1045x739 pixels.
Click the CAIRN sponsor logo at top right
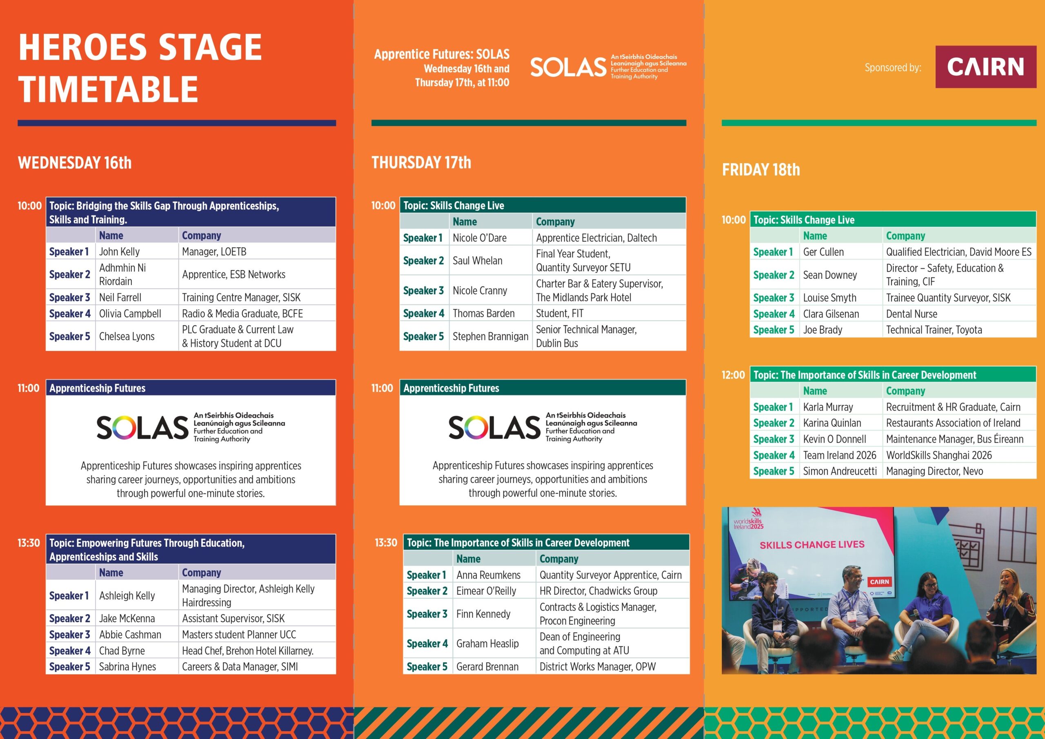point(985,67)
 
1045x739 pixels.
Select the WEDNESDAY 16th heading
point(75,162)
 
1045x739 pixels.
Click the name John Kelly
point(119,252)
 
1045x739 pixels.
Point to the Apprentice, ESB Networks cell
point(233,274)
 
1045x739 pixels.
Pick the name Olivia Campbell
point(130,313)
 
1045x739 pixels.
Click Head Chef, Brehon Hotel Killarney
point(248,651)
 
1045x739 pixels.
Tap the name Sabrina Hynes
point(127,667)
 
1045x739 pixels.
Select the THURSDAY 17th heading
point(421,162)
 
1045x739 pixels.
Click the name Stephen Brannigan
point(490,336)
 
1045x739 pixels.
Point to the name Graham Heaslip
point(487,644)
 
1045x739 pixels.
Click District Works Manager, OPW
point(598,667)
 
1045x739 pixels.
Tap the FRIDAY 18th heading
point(760,170)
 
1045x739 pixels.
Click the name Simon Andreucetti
point(840,471)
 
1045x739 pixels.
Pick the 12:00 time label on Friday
point(733,375)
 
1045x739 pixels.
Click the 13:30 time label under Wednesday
point(29,543)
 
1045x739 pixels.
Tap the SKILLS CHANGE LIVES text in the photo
point(812,545)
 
